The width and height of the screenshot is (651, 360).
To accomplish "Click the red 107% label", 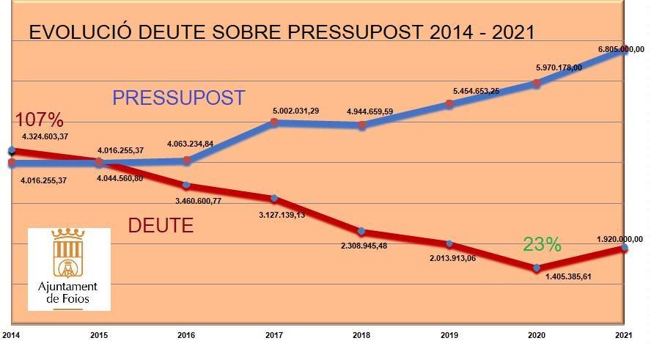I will coord(39,120).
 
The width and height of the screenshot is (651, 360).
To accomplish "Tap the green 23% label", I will coord(542,245).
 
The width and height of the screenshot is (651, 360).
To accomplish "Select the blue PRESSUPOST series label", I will coord(178,98).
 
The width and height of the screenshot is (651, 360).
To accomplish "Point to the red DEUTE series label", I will coord(161,225).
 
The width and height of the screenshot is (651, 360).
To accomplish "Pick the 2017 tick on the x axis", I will coord(274,335).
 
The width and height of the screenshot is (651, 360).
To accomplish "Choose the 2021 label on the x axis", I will coord(624,335).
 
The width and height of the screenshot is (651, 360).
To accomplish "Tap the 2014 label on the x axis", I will coord(10,335).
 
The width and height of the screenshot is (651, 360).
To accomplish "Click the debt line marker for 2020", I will coord(537,268).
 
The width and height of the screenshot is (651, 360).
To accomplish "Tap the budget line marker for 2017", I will coord(273,122).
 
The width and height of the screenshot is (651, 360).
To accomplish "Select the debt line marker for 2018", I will coord(362,232).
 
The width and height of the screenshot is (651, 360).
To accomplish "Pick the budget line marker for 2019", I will coord(449,104).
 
